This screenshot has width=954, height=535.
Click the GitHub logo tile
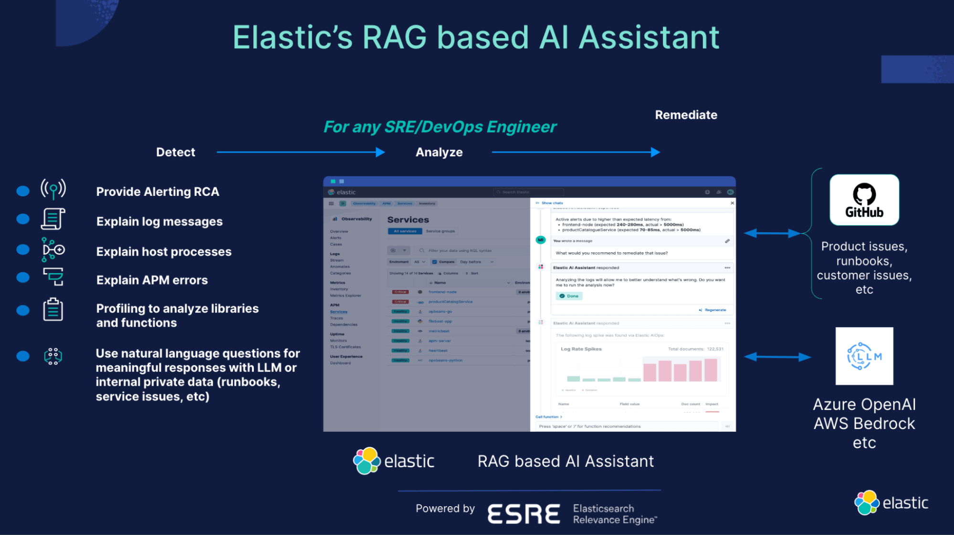click(x=864, y=200)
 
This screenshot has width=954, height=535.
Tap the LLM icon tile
click(x=864, y=356)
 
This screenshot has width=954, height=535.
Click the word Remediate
click(x=686, y=115)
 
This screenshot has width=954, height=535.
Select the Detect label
click(x=176, y=152)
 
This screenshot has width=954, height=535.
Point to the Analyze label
click(x=439, y=152)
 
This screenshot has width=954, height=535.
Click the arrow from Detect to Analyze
click(x=301, y=152)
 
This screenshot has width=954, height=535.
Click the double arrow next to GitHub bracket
click(x=772, y=233)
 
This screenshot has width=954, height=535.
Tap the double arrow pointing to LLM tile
click(x=777, y=357)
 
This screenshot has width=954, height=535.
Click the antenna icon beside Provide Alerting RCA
click(x=53, y=189)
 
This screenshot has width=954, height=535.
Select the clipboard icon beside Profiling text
click(x=53, y=310)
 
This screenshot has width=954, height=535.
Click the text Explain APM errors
click(x=152, y=280)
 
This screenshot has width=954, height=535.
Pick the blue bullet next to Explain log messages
click(x=23, y=219)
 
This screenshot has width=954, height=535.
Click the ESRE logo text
click(x=524, y=514)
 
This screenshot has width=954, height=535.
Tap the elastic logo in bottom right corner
click(x=891, y=503)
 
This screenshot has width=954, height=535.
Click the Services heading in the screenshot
click(x=408, y=220)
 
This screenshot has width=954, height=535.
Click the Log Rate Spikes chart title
click(x=581, y=349)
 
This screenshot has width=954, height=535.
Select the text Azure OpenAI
click(x=864, y=405)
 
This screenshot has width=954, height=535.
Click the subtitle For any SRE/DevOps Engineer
click(x=440, y=127)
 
